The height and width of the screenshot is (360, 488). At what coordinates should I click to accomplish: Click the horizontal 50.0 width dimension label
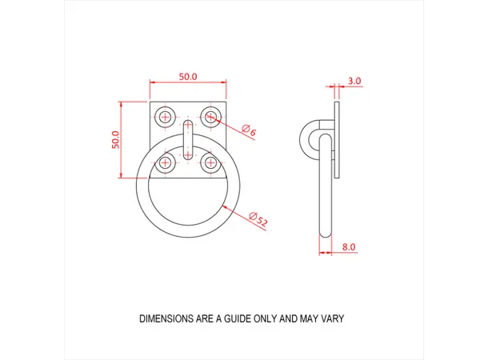[x=188, y=76]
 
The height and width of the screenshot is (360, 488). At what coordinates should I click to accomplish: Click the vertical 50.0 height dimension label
[x=115, y=139]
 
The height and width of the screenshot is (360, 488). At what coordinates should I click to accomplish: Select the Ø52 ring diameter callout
[x=258, y=220]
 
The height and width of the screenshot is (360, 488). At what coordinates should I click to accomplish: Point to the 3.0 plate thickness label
[x=354, y=81]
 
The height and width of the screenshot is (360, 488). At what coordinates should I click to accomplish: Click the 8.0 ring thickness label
[x=348, y=248]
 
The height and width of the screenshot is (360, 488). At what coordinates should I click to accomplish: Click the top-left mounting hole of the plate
[x=166, y=118]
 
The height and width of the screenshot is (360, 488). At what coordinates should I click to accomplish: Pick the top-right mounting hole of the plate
[x=210, y=118]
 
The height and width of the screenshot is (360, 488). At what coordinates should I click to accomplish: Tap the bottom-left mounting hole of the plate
[x=166, y=163]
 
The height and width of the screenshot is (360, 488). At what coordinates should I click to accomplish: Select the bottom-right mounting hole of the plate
[x=210, y=163]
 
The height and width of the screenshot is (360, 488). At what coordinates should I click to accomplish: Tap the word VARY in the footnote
[x=332, y=318]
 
